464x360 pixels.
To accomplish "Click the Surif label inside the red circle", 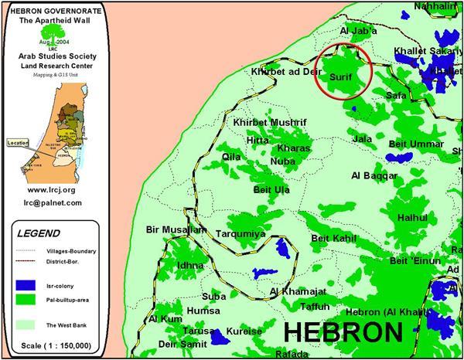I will pyautogui.click(x=341, y=79).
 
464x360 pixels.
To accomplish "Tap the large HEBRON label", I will pyautogui.click(x=343, y=332).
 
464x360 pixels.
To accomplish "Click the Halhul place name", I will pyautogui.click(x=411, y=218).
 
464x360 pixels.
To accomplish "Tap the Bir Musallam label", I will pyautogui.click(x=176, y=230).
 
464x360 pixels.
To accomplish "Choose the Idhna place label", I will pyautogui.click(x=190, y=265).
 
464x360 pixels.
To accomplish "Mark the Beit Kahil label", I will pyautogui.click(x=333, y=239).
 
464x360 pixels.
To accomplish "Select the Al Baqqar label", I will pyautogui.click(x=374, y=175).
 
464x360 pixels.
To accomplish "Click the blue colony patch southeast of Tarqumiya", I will pyautogui.click(x=282, y=248).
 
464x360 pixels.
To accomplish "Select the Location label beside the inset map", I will pyautogui.click(x=16, y=142).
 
